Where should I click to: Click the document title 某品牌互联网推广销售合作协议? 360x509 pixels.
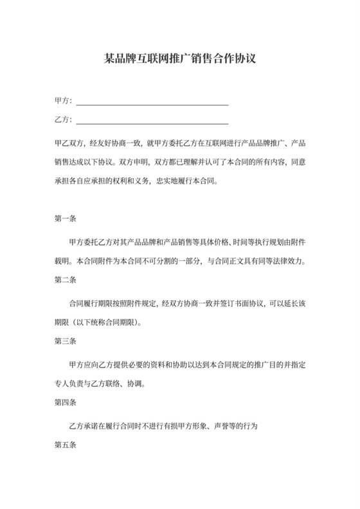180,59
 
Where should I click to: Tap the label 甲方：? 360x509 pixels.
64,102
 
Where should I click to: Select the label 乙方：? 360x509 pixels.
64,120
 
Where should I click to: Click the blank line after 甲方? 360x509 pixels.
152,103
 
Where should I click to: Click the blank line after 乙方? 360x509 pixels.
152,121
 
